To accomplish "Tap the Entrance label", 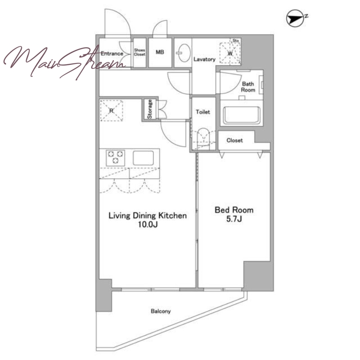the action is pyautogui.click(x=112, y=54).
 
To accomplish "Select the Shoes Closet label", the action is pyautogui.click(x=139, y=52).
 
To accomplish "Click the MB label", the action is pyautogui.click(x=160, y=52).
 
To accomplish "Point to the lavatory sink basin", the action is pyautogui.click(x=184, y=53).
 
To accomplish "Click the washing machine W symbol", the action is pyautogui.click(x=230, y=53).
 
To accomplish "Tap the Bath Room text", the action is pyautogui.click(x=248, y=87).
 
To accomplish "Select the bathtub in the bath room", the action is pyautogui.click(x=242, y=115).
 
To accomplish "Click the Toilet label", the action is pyautogui.click(x=203, y=112).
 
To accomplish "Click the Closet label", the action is pyautogui.click(x=234, y=140).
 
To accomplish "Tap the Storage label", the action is pyautogui.click(x=149, y=109).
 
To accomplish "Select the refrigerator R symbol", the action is pyautogui.click(x=112, y=111).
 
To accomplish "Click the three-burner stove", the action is pyautogui.click(x=115, y=158).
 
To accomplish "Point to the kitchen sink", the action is pyautogui.click(x=143, y=158).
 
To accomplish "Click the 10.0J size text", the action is pyautogui.click(x=148, y=224).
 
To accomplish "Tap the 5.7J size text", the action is pyautogui.click(x=234, y=219).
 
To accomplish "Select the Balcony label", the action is pyautogui.click(x=161, y=311).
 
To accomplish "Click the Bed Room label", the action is pyautogui.click(x=234, y=210).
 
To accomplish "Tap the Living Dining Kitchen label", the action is pyautogui.click(x=148, y=216).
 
